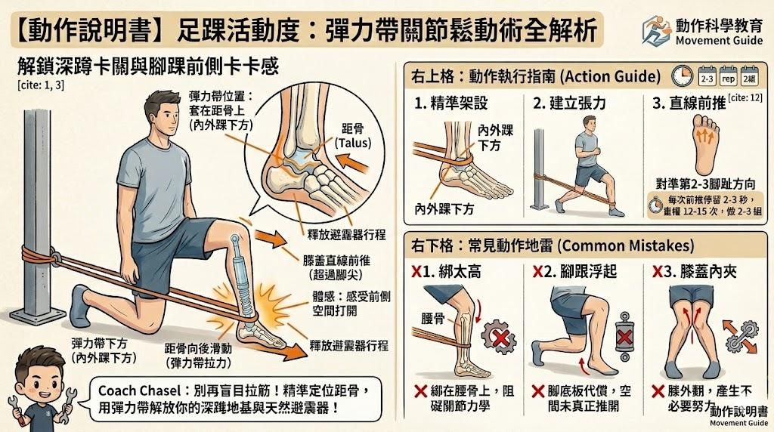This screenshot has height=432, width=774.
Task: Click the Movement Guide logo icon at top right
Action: click(655, 29)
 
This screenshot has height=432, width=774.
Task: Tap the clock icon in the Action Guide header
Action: click(683, 77)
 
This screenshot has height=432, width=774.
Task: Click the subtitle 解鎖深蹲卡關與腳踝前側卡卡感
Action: click(148, 66)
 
